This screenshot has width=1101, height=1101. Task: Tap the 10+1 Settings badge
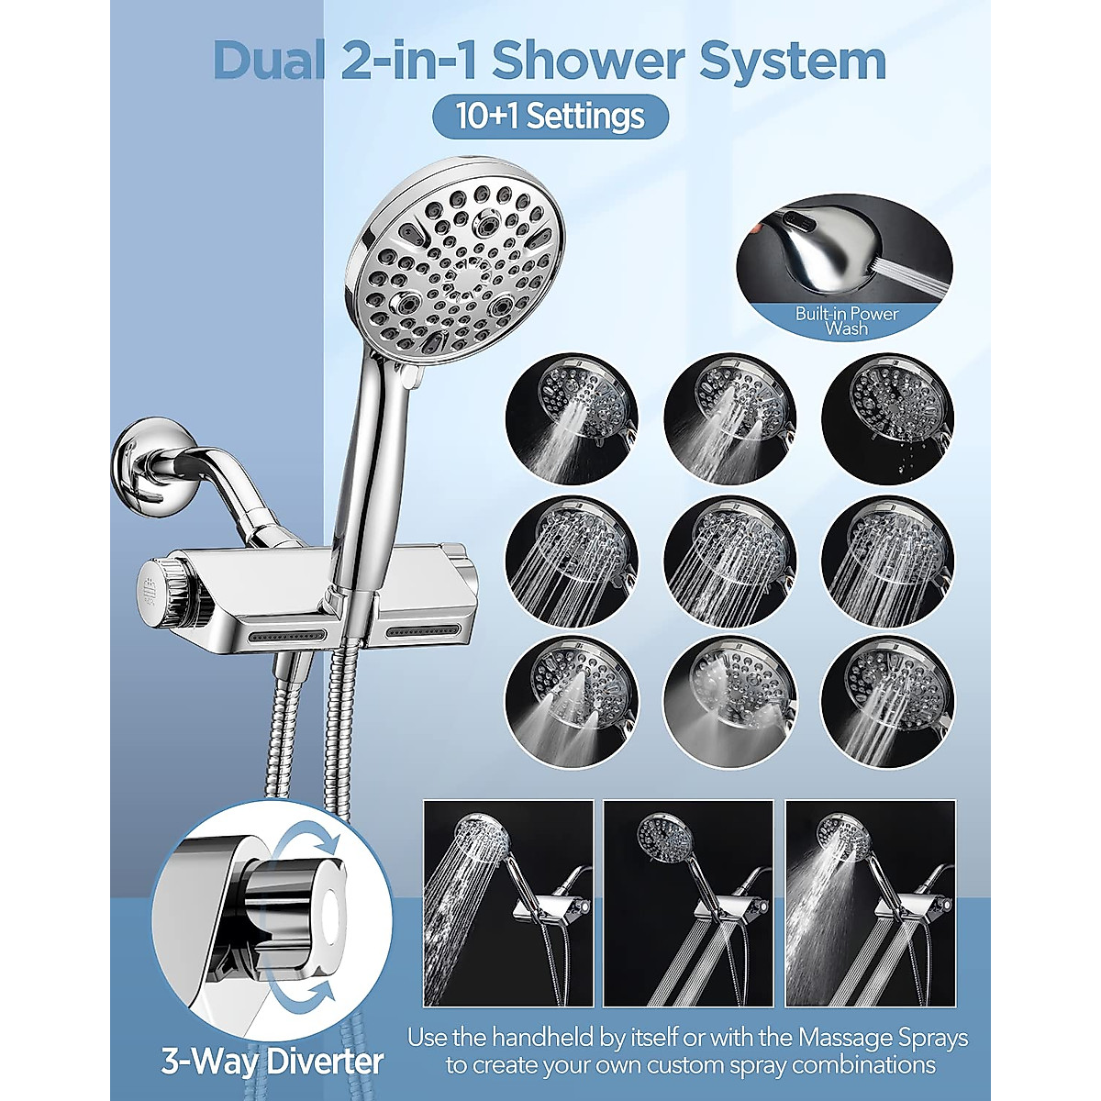tap(550, 117)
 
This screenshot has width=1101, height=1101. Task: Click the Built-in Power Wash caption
tap(846, 320)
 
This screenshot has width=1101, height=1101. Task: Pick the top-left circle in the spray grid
tap(572, 418)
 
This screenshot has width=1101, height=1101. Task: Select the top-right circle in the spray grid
tap(887, 418)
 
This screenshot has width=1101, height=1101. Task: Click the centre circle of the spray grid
tap(729, 562)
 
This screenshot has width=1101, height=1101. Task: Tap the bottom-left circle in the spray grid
tap(572, 703)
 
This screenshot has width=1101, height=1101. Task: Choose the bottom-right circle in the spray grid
tap(887, 703)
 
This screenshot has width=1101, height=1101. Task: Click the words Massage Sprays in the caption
tap(883, 1039)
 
